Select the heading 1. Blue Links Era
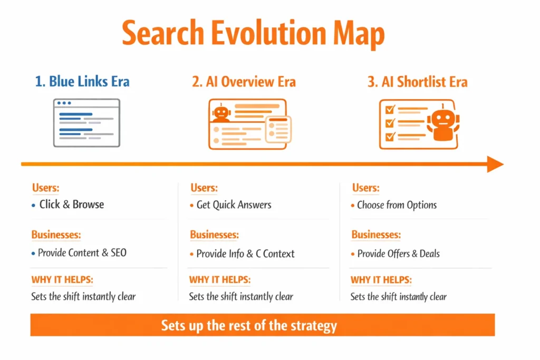point(82,82)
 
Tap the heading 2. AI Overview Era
point(244,82)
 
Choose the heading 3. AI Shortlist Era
point(418,82)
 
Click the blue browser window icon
point(86,122)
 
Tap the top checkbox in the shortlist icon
point(390,110)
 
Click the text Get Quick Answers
point(234,205)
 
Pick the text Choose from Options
point(397,205)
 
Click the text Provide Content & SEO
point(82,253)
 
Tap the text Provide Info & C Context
point(245,254)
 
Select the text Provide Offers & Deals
point(398,254)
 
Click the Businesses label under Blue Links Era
point(56,235)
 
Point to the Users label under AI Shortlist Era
point(365,188)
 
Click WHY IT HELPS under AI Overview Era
point(220,280)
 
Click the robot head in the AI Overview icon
point(221,112)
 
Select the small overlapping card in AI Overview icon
point(278,129)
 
